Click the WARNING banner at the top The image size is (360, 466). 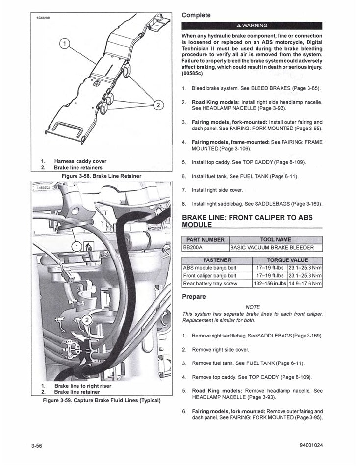(x=252, y=26)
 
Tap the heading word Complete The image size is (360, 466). (x=196, y=15)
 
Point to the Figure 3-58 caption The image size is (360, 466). (x=101, y=176)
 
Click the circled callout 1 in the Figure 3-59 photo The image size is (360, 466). (x=77, y=246)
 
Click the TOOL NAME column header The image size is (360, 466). (x=276, y=240)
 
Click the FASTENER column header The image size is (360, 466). (x=217, y=260)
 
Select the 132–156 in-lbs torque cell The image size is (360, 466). (x=270, y=284)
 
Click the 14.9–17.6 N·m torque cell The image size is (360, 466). (x=305, y=284)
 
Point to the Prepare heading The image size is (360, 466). (x=194, y=297)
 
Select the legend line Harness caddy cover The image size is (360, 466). (x=80, y=161)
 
